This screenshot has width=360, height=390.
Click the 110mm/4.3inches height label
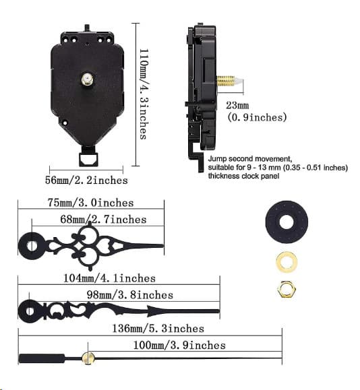point(144,94)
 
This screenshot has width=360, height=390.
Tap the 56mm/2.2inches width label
point(86,180)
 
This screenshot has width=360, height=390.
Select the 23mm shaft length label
point(237,106)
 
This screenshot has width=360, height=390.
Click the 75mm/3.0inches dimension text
point(90,203)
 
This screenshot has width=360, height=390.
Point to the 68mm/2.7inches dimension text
point(103,220)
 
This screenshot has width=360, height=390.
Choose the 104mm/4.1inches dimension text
point(109,278)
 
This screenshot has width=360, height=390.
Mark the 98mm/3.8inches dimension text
point(129,295)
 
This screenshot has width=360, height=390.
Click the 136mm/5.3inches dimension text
point(158,329)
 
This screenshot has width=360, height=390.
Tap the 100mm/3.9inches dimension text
point(179,346)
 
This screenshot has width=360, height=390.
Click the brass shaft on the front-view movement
point(88,79)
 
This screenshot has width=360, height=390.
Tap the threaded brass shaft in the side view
point(225,81)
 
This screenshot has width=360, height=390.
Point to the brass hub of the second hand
point(88,358)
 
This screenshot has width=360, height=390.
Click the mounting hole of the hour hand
point(32,246)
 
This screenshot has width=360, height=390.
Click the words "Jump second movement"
point(249,159)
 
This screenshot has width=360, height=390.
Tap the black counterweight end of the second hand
point(42,358)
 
